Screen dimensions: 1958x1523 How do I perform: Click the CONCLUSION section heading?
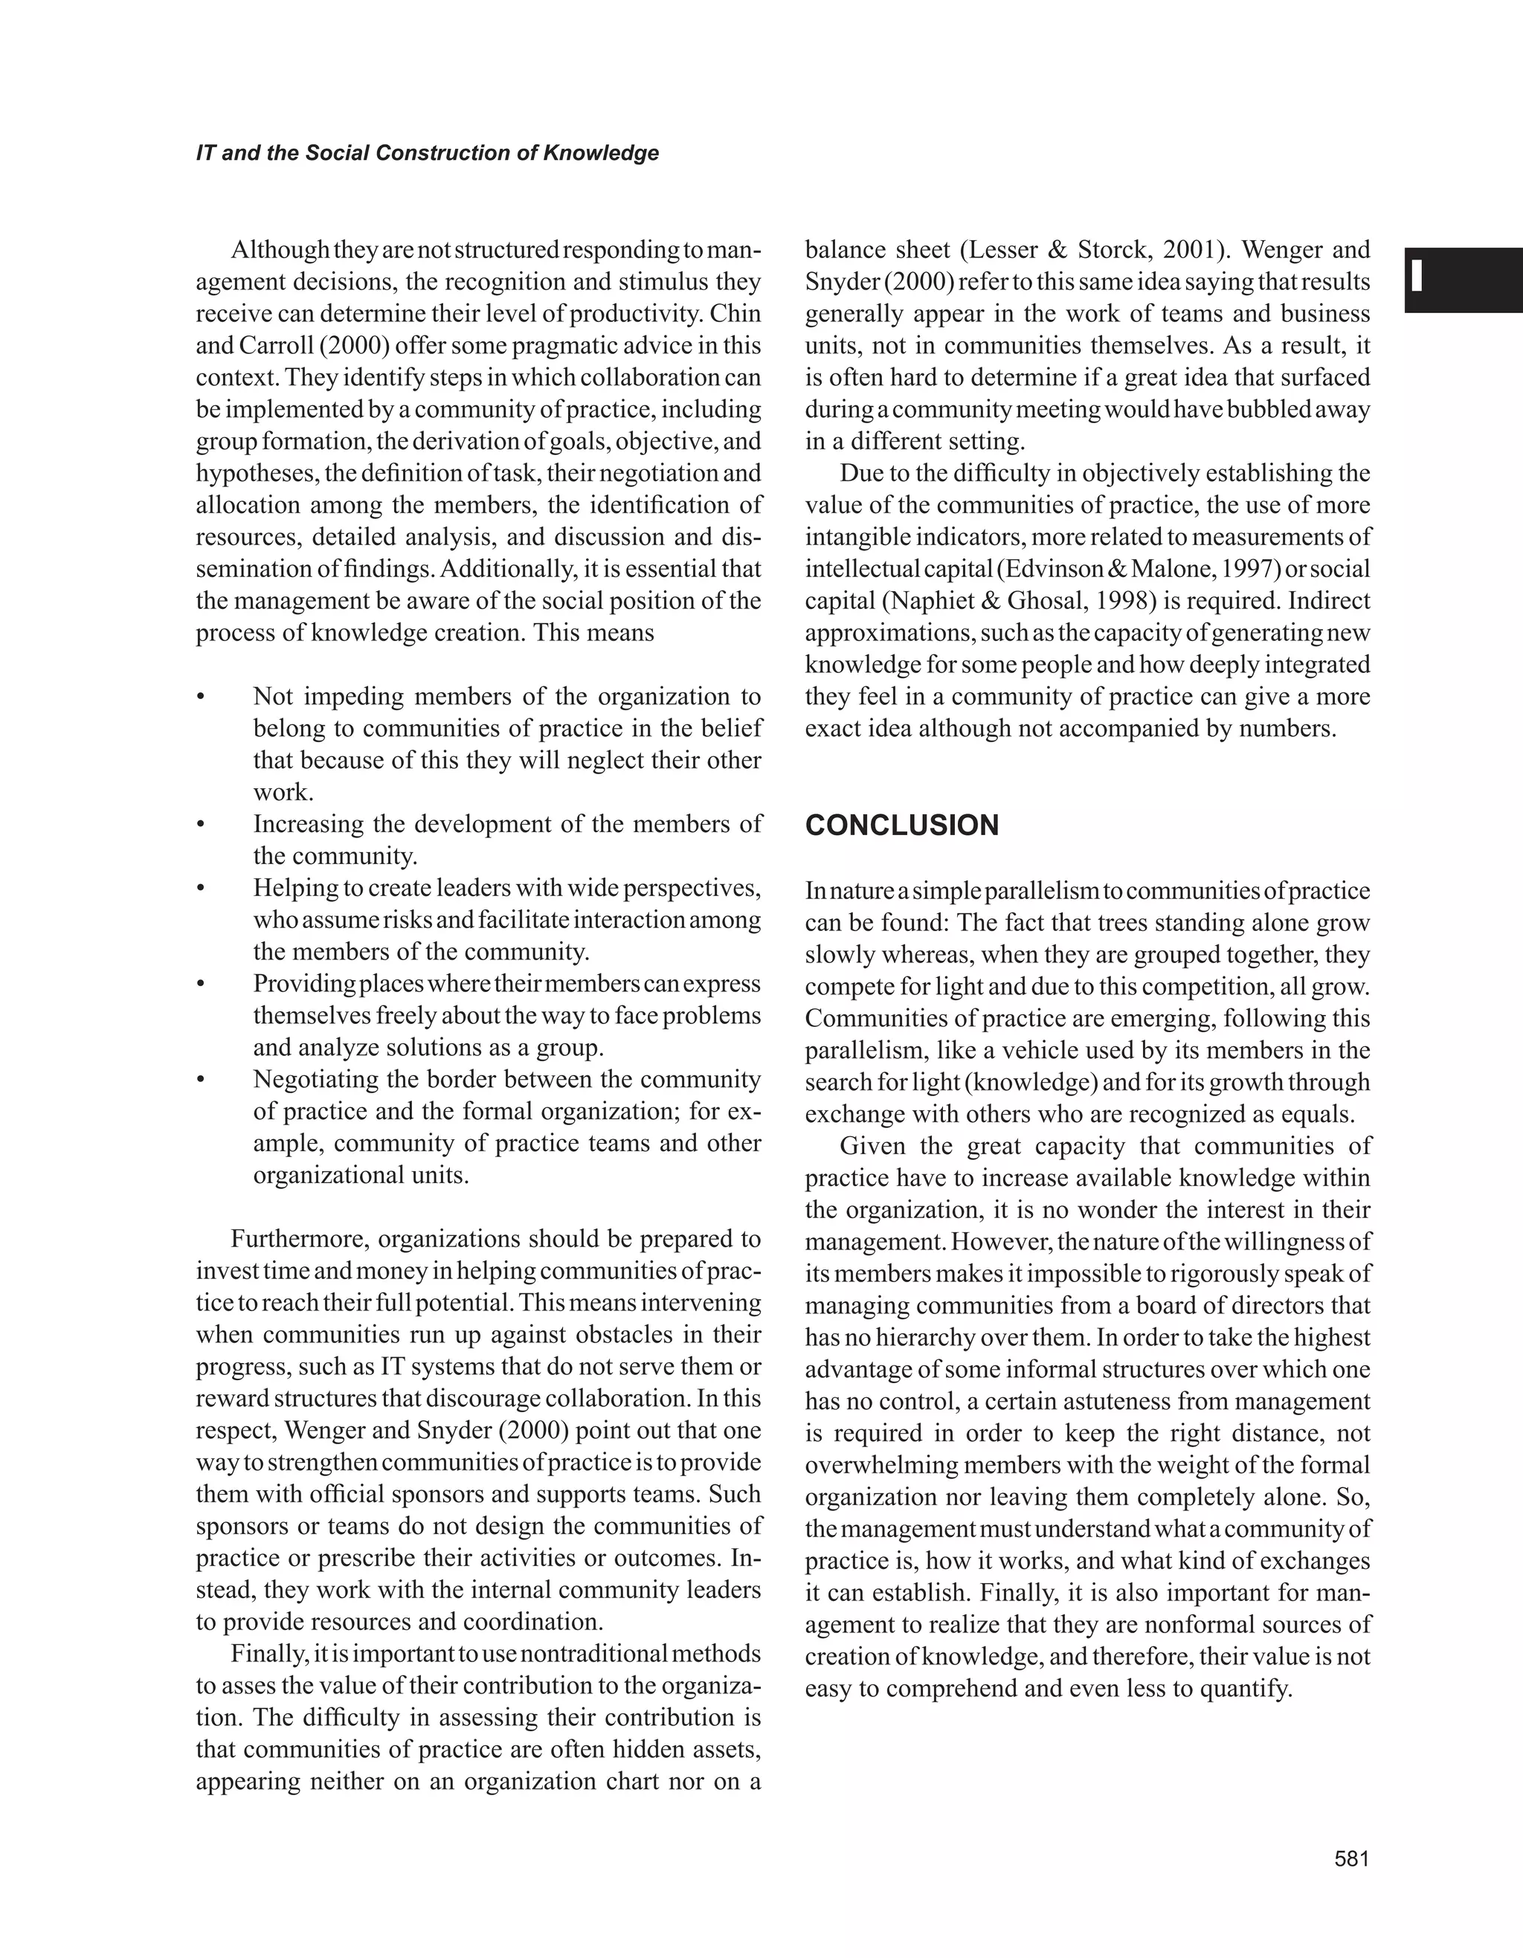[902, 825]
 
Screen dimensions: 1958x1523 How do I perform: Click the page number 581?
[1352, 1858]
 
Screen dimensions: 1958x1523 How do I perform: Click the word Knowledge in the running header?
[601, 153]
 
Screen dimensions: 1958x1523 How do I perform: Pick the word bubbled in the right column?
[1265, 410]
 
